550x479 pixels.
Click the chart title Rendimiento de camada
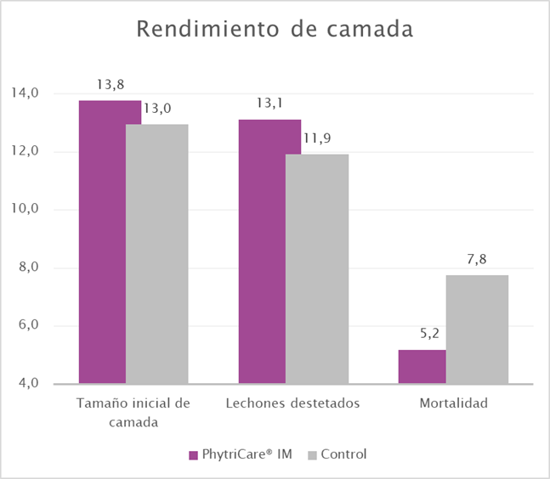(275, 30)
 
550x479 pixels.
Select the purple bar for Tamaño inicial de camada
(110, 242)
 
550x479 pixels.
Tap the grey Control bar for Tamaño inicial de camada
(157, 254)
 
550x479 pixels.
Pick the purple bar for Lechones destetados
(269, 251)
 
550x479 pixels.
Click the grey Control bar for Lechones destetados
(317, 268)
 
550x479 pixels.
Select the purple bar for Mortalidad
(422, 367)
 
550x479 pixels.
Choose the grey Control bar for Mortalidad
(477, 330)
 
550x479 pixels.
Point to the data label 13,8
(110, 86)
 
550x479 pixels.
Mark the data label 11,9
(316, 139)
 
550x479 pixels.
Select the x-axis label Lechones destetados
(293, 403)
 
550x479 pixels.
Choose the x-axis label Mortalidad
(453, 403)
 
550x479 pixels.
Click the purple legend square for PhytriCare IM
(194, 455)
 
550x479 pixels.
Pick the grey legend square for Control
(310, 455)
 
